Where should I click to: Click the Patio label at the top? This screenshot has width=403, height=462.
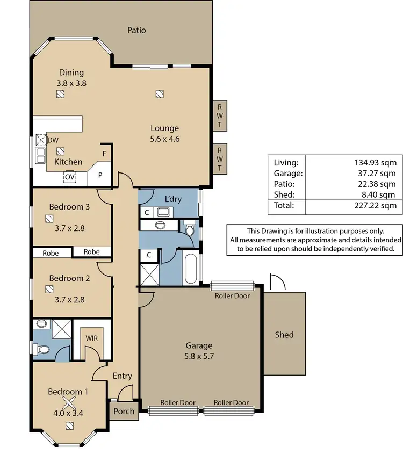coord(136,30)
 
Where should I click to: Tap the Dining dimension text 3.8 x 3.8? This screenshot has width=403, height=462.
coord(71,83)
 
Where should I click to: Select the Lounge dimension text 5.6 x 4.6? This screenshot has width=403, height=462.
coord(164,139)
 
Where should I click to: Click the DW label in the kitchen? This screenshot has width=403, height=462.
coord(53,140)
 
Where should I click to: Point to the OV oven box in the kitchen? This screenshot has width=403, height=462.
coord(70,176)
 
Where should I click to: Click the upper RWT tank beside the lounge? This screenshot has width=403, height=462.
coord(220,115)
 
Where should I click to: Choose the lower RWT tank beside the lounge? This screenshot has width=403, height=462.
coord(220,159)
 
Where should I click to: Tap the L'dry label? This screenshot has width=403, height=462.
coord(173,199)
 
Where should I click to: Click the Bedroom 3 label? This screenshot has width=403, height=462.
coord(69,207)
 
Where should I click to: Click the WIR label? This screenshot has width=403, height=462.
coord(91,338)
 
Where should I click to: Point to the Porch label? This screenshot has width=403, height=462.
coord(123,412)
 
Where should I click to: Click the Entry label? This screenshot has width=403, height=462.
coord(122,376)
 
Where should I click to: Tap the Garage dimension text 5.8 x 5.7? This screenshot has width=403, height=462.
coord(199,356)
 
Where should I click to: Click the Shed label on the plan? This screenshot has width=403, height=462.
coord(284,335)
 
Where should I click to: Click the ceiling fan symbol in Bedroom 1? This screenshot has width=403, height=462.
coord(69,403)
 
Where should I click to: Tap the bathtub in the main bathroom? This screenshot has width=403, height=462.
coord(190,268)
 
